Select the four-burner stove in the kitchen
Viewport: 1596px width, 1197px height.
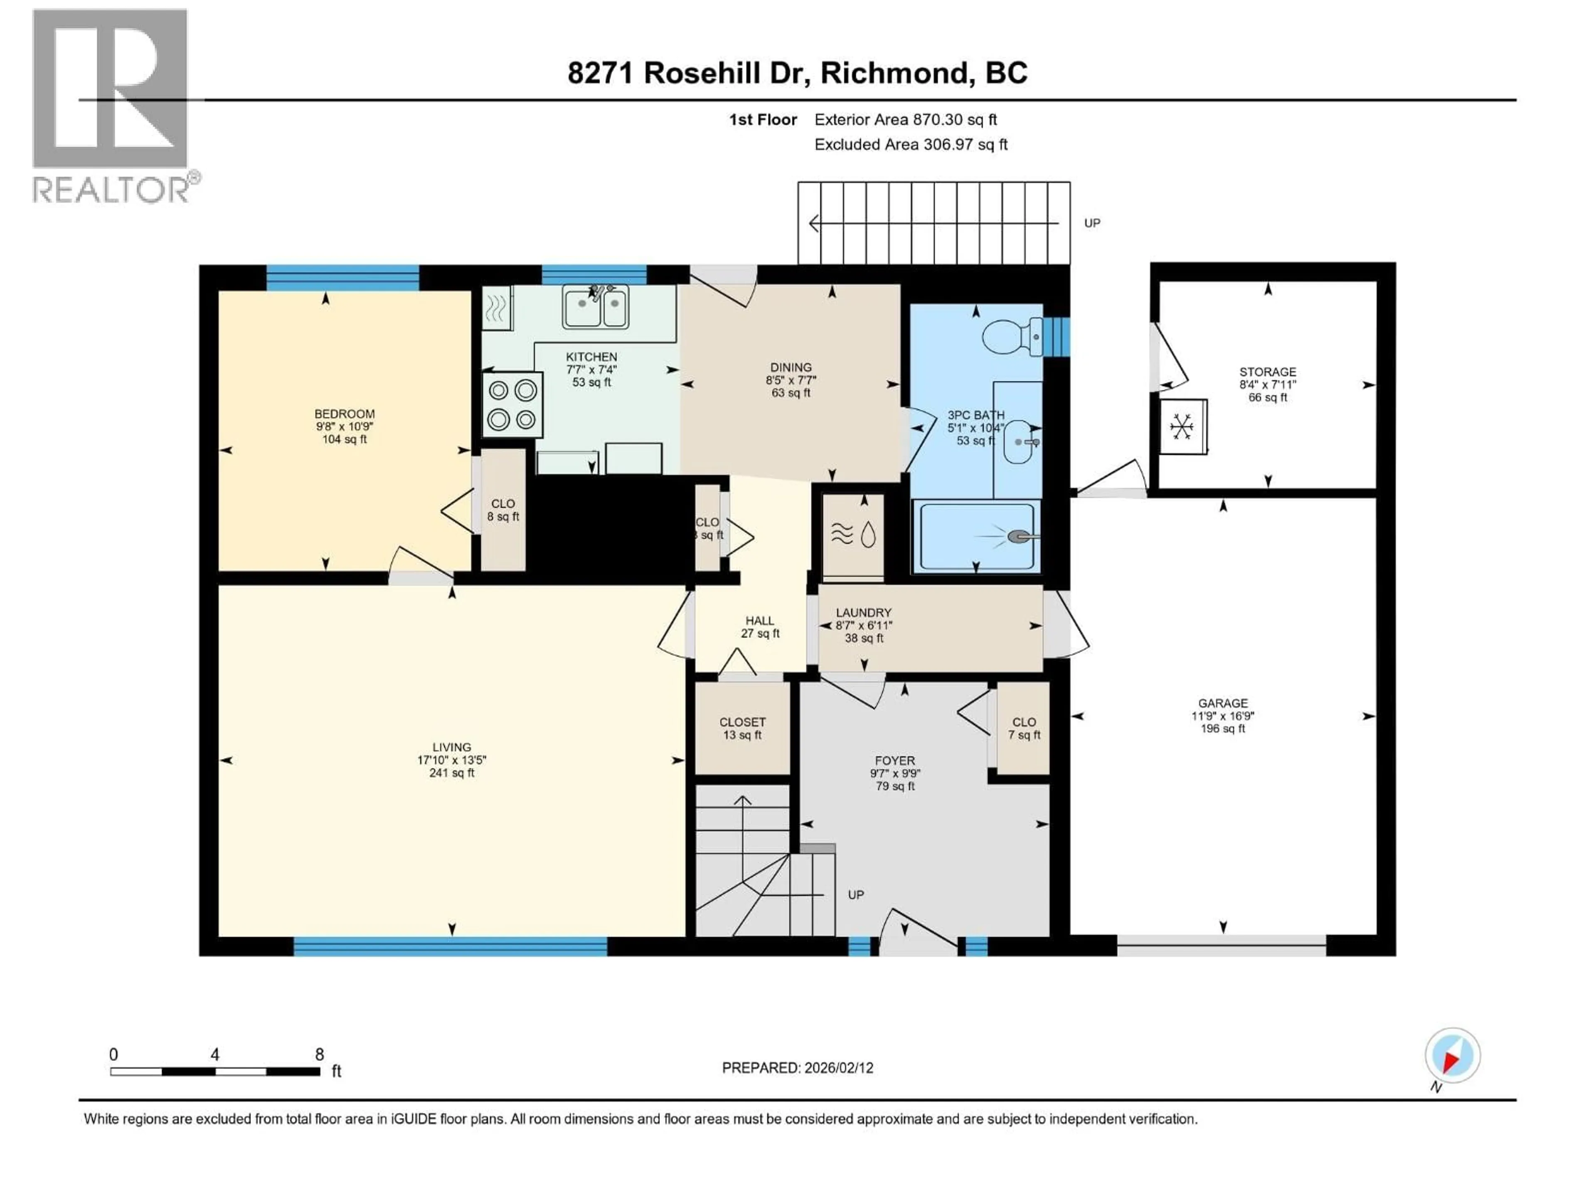click(x=512, y=405)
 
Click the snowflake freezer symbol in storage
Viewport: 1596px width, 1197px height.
click(x=1182, y=426)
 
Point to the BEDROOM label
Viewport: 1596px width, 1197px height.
click(x=344, y=414)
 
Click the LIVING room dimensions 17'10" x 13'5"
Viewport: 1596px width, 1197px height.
click(x=452, y=760)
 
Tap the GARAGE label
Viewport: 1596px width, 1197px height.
click(x=1223, y=703)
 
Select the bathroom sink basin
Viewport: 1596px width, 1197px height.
click(x=1018, y=441)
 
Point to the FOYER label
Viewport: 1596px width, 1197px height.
click(x=895, y=761)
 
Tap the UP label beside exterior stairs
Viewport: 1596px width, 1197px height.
click(x=1092, y=223)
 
